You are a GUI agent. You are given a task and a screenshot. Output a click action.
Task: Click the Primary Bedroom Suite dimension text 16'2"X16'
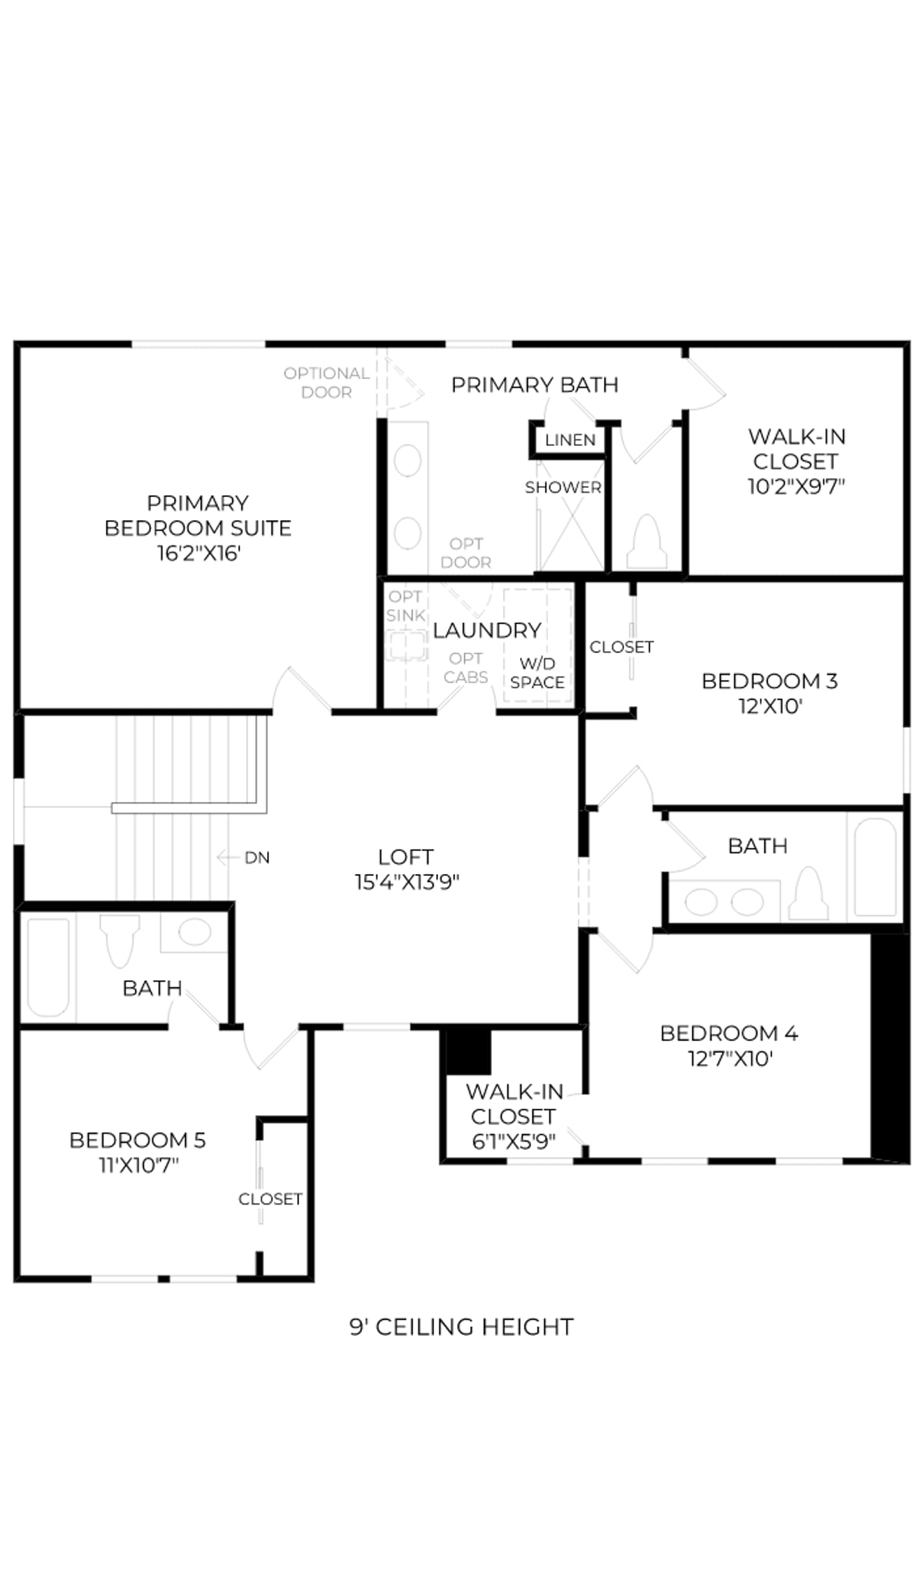click(198, 553)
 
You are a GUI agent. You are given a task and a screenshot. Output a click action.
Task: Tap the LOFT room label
click(405, 856)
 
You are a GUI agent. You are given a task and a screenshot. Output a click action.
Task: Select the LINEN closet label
click(570, 440)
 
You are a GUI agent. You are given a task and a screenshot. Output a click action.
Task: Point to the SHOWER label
click(563, 487)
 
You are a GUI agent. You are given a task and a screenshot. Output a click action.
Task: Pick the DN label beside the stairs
click(257, 857)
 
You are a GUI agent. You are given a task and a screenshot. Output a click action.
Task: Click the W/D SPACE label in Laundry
click(537, 673)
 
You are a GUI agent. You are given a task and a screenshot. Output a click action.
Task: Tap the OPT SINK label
click(405, 605)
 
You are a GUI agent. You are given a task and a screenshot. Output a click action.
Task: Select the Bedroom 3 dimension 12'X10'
click(770, 705)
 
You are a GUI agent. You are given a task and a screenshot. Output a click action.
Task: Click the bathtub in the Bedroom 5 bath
click(48, 968)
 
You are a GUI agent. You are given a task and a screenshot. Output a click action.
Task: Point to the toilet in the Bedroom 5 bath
click(120, 940)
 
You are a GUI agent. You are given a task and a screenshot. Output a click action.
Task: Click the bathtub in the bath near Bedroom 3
click(875, 867)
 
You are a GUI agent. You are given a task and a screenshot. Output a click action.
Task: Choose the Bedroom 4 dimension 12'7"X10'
click(730, 1058)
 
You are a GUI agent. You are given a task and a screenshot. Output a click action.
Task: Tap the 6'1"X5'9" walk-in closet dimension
click(514, 1141)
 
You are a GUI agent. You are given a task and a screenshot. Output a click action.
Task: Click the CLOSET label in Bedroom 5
click(270, 1198)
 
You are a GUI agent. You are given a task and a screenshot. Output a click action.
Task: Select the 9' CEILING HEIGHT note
click(461, 1326)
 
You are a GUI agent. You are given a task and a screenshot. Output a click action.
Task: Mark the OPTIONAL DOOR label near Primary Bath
click(326, 382)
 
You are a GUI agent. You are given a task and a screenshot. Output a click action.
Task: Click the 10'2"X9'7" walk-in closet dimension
click(796, 485)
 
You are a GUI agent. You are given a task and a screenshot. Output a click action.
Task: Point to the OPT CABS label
click(465, 668)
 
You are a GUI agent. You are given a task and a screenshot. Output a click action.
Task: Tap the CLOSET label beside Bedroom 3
click(621, 647)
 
